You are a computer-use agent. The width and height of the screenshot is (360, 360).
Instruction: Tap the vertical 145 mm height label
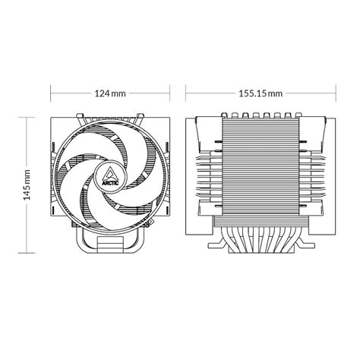(x=26, y=184)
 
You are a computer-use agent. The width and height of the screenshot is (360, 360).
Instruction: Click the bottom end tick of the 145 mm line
(x=26, y=251)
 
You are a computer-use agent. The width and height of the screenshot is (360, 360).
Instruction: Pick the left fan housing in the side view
(x=204, y=167)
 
